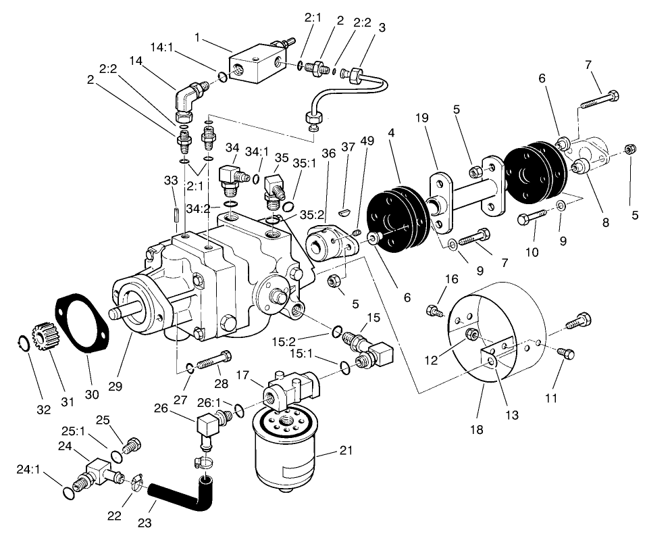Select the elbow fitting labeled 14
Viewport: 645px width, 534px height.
click(188, 97)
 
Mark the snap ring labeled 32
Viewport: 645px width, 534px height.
click(22, 343)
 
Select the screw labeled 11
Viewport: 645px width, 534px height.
click(567, 352)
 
